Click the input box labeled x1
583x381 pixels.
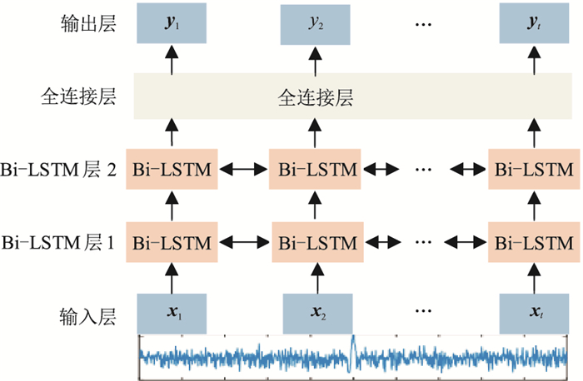coord(172,315)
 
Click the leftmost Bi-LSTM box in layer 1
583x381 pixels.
coord(172,244)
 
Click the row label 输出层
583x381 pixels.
coord(87,24)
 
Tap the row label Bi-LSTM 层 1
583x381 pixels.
coord(58,244)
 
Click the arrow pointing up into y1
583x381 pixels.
coord(172,58)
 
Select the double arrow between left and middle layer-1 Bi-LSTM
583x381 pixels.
coord(243,244)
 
